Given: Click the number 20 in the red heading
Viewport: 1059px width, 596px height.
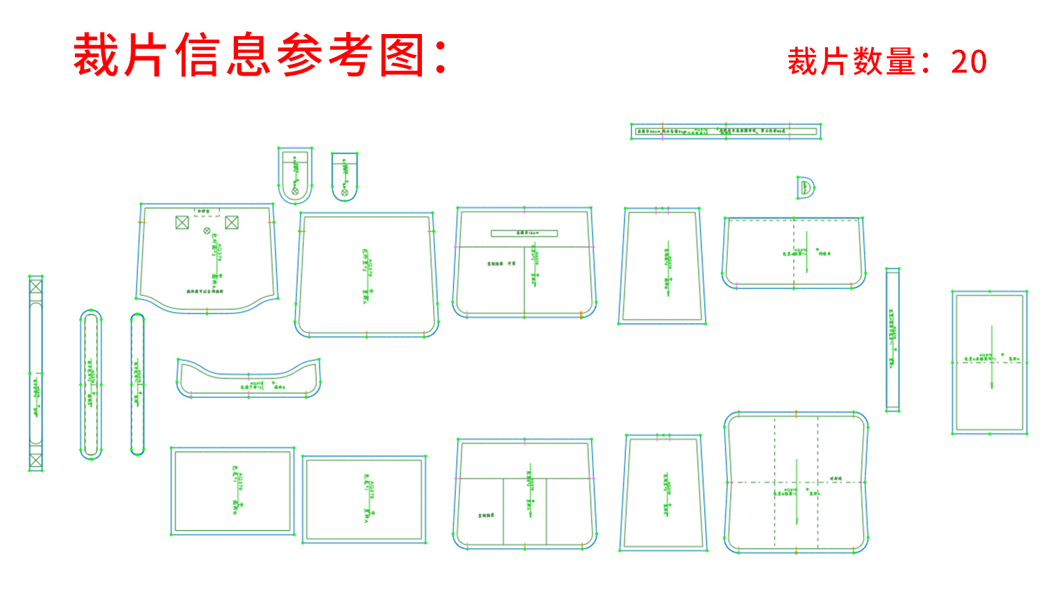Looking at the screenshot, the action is point(969,62).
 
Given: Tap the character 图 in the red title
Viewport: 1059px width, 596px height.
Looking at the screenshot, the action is point(403,56).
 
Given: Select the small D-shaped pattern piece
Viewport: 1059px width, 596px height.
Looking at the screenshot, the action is point(805,188).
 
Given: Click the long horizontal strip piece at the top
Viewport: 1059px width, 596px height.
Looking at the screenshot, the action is point(726,131).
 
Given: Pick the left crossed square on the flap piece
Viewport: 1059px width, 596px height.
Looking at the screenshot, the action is point(182,222).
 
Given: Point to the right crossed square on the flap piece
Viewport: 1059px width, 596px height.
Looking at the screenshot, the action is point(232,222).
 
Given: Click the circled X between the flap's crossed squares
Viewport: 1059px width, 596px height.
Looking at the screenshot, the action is point(207,231).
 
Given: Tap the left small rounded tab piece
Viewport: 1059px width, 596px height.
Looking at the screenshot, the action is point(295,175).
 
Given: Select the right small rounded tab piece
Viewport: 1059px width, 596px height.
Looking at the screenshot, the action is point(344,176).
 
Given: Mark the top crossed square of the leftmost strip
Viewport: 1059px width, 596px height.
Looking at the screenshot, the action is point(36,285).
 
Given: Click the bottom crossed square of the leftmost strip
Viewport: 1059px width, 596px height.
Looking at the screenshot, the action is point(36,461).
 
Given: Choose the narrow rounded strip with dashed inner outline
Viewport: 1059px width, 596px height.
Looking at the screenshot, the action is point(91,384).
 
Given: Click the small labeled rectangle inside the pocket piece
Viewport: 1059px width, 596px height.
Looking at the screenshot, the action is point(524,233).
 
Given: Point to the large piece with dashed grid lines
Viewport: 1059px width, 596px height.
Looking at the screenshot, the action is point(796,483).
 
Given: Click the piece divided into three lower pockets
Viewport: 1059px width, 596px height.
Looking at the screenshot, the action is point(525,495).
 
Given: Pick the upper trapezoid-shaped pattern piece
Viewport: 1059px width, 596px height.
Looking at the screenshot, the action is point(662,265).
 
